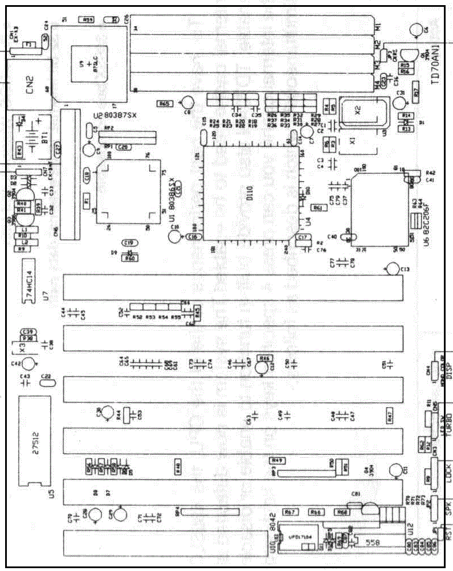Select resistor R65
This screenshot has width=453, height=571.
[165, 104]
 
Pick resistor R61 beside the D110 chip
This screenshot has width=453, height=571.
[318, 208]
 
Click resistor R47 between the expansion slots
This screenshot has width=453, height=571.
[390, 416]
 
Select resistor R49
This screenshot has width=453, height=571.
[277, 459]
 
